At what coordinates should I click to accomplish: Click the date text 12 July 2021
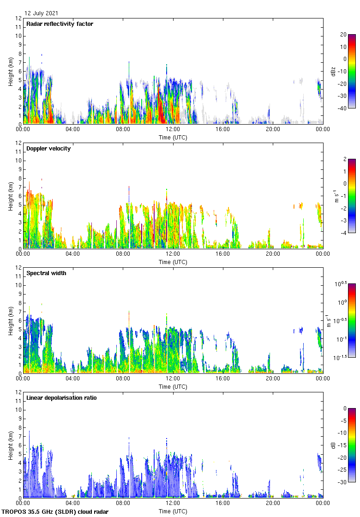(x=42, y=13)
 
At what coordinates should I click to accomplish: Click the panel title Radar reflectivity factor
(x=60, y=24)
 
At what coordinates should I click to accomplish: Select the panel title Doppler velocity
(x=48, y=149)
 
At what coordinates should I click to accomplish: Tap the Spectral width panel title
(x=46, y=273)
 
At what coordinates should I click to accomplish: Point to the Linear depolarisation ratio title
(x=61, y=398)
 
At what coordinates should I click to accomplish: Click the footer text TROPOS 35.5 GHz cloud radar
(x=55, y=512)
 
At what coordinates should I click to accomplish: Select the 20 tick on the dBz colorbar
(x=343, y=35)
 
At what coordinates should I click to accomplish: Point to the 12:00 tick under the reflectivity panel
(x=173, y=129)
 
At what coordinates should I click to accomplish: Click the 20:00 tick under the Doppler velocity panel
(x=273, y=253)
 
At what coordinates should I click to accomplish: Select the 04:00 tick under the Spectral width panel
(x=73, y=378)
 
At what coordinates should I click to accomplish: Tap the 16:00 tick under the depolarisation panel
(x=223, y=503)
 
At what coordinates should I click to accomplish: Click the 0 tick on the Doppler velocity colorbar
(x=343, y=184)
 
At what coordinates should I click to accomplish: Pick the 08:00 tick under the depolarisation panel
(x=123, y=503)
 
